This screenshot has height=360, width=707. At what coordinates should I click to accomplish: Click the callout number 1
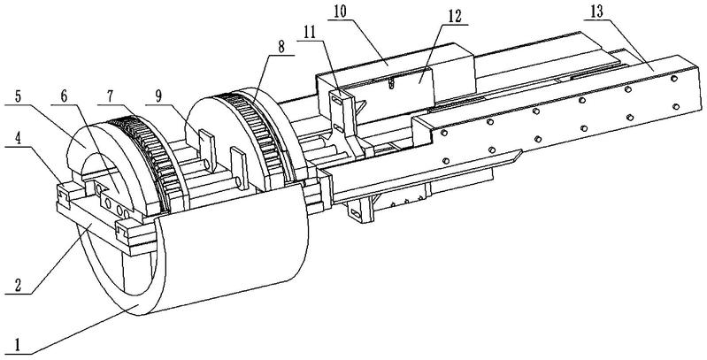pyautogui.click(x=18, y=346)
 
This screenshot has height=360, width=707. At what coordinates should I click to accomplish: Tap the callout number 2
pyautogui.click(x=18, y=286)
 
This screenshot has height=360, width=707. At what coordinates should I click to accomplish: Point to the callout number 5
pyautogui.click(x=17, y=97)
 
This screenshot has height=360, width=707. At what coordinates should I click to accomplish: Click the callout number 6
pyautogui.click(x=63, y=96)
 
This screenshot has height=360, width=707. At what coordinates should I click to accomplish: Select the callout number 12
pyautogui.click(x=455, y=16)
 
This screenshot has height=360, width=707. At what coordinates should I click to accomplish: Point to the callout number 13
pyautogui.click(x=596, y=12)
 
